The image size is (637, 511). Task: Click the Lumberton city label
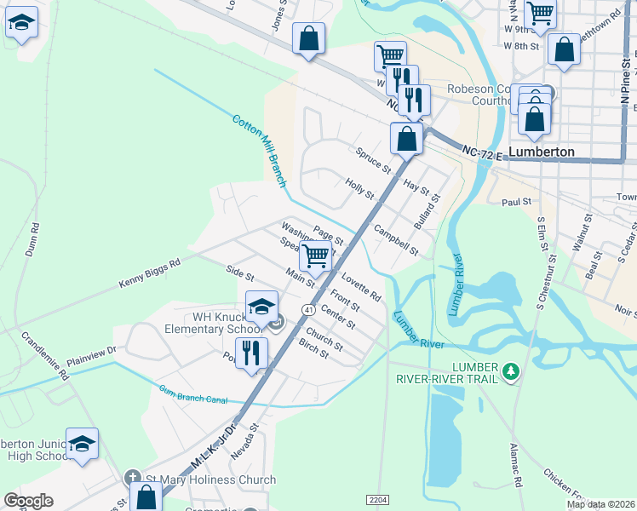point(541,152)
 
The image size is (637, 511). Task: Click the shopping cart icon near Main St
point(316,255)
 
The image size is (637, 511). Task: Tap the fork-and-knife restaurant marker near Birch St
point(251,352)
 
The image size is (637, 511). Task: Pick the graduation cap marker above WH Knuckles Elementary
point(262,306)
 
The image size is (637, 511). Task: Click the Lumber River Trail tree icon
point(511,370)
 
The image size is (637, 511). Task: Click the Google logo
point(28,501)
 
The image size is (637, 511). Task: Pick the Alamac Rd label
point(514,463)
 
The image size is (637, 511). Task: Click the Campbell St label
point(396,241)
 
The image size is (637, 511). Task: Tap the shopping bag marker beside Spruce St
point(407,138)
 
